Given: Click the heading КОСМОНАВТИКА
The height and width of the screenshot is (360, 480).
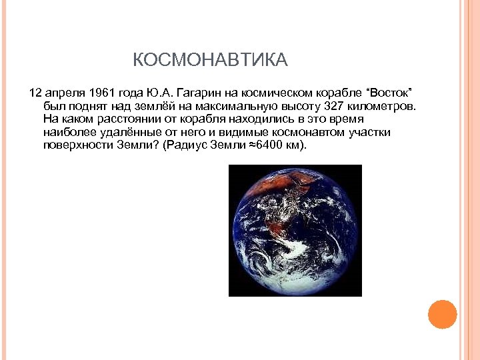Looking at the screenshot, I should coord(210,61).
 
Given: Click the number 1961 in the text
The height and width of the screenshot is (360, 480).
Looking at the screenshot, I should coord(98,92).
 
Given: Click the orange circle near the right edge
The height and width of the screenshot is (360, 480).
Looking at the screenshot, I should coord(442,314).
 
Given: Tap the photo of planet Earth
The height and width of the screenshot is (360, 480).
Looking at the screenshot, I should coord(295,230).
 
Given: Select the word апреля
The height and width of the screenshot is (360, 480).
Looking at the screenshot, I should coord(63,92).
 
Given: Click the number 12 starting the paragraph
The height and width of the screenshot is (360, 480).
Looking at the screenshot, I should coord(35,92).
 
